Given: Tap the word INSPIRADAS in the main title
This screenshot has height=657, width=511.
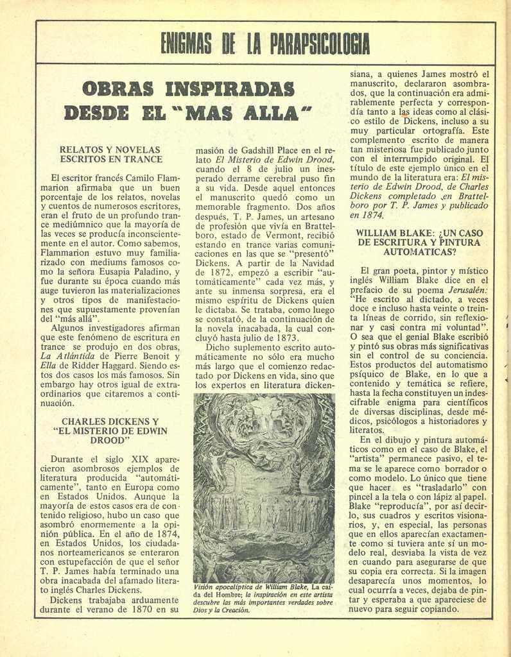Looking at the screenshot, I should click(229, 89).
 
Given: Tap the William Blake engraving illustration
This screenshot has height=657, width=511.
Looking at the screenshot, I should click(264, 487).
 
